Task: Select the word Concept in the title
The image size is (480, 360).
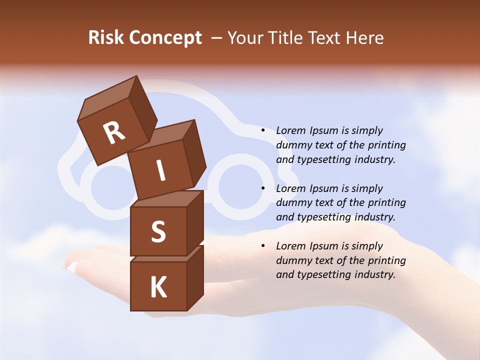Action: (x=165, y=38)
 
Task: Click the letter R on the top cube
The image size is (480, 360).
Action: (x=114, y=133)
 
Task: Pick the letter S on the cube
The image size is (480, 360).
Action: (x=158, y=231)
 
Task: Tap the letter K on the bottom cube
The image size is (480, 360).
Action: (x=158, y=287)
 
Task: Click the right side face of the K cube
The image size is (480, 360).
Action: (x=195, y=277)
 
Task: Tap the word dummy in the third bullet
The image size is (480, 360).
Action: (x=294, y=260)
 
